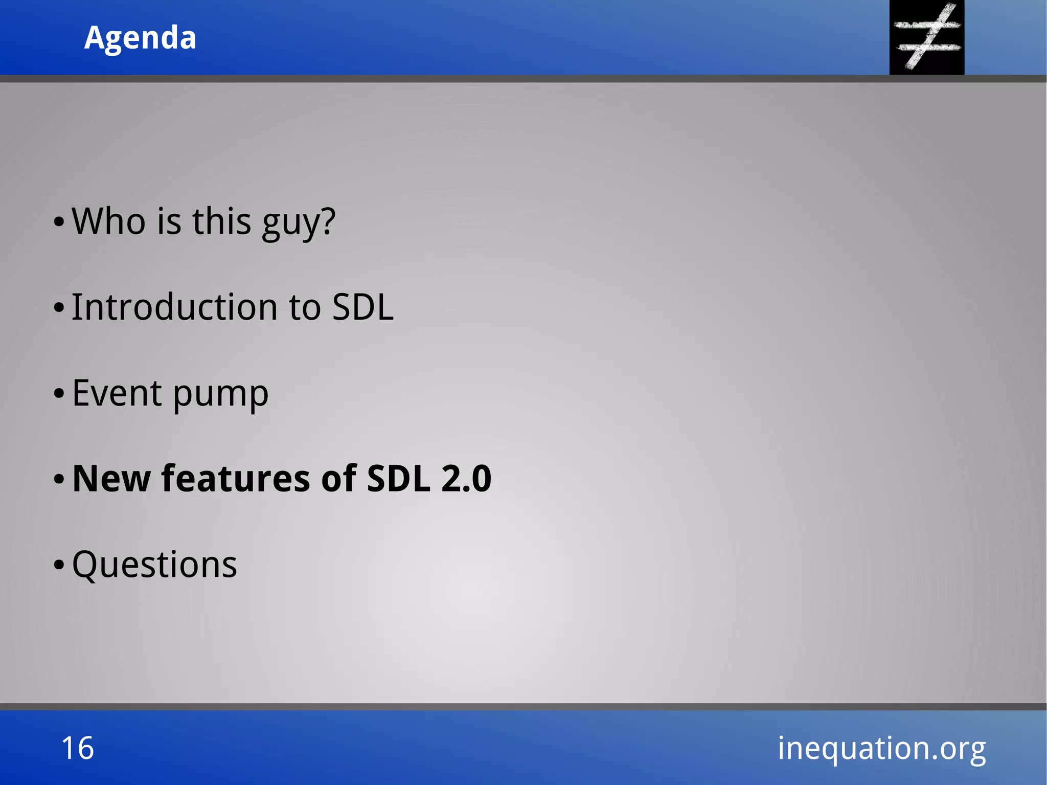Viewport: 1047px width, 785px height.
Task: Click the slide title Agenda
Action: [x=140, y=38]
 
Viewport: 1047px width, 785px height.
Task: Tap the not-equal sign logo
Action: [x=926, y=37]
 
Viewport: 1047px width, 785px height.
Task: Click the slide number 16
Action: [x=78, y=748]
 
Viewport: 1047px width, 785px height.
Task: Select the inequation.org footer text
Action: [x=881, y=748]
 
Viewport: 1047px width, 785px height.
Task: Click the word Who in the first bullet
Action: [x=108, y=221]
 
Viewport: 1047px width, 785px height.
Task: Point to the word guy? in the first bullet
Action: [x=299, y=223]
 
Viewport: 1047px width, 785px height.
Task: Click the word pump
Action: [x=220, y=395]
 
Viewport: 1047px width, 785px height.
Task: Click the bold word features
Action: [x=236, y=479]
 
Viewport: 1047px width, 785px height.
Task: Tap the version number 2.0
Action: [x=466, y=479]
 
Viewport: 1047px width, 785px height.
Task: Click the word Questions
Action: [x=154, y=565]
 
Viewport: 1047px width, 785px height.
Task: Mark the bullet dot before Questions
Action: [x=59, y=565]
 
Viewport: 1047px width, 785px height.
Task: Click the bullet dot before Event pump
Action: [x=59, y=394]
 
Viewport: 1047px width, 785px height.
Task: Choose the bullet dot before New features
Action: [x=59, y=480]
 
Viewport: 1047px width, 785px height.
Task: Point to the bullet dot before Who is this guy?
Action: [x=59, y=222]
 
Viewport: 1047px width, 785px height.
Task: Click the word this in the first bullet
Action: [x=221, y=221]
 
